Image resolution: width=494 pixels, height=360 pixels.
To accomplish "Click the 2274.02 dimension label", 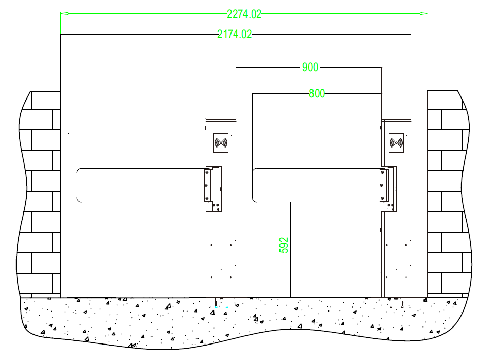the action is (244, 14).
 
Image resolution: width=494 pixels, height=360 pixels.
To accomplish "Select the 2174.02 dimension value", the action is (235, 34).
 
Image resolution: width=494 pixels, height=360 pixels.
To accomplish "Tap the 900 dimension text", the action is (310, 67).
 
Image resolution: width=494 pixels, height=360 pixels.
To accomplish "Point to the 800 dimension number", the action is (317, 94).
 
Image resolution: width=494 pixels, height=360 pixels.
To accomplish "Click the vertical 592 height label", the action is (284, 245).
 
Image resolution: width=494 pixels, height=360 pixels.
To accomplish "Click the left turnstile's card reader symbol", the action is (221, 143).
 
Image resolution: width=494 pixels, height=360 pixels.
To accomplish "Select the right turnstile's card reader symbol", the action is (396, 143).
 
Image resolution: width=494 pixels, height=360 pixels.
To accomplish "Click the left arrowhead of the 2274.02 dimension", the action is (64, 13).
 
